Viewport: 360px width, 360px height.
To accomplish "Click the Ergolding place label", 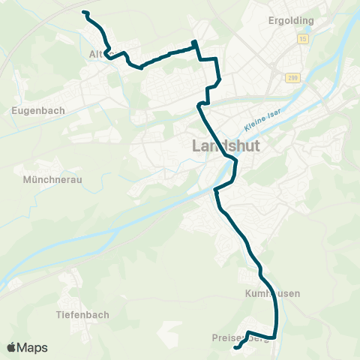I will (291, 20).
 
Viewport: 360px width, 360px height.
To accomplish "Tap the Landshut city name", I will (226, 146).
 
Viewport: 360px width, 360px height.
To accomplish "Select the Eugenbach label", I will (39, 109).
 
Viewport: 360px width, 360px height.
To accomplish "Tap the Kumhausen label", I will (272, 293).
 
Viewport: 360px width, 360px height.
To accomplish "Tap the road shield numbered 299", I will (291, 77).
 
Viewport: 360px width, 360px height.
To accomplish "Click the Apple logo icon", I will (11, 347).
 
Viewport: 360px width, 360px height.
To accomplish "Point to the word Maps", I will (32, 347).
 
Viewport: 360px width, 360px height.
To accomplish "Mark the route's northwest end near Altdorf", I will (84, 13).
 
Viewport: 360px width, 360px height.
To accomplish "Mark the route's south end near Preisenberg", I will (235, 348).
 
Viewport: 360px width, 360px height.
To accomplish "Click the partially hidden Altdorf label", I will (97, 54).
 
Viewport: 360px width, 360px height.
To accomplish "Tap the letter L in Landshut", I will (197, 146).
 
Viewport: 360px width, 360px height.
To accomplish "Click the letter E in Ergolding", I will (271, 20).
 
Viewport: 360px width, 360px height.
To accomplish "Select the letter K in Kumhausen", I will (248, 293).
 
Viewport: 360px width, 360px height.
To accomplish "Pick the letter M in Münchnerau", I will (27, 180).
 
